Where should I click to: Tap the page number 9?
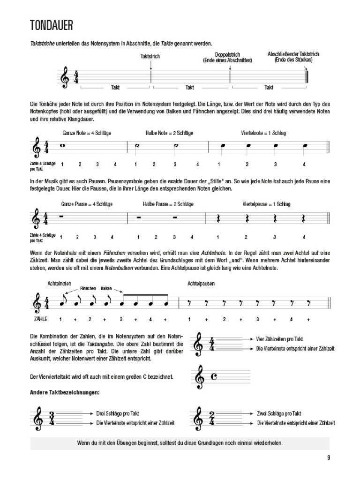click(x=329, y=458)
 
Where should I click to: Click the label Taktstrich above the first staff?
click(x=150, y=56)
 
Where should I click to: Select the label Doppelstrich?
click(x=227, y=54)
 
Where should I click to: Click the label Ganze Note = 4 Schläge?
click(x=87, y=133)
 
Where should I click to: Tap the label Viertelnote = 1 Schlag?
click(x=263, y=133)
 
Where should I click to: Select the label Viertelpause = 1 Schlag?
click(x=266, y=204)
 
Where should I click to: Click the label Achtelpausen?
click(x=201, y=284)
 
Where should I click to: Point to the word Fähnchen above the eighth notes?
click(x=88, y=288)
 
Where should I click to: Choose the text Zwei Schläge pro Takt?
click(x=279, y=413)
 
